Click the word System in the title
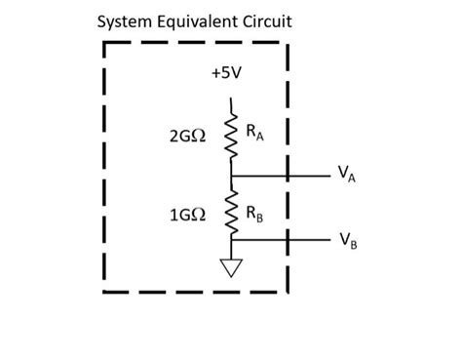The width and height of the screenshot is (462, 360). click(x=126, y=21)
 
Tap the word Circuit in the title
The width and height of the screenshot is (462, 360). click(x=263, y=21)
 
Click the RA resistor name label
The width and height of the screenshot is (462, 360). click(x=254, y=132)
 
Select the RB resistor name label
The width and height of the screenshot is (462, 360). click(x=254, y=213)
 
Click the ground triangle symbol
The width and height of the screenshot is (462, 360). click(x=232, y=267)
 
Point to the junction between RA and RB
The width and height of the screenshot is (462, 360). click(x=232, y=176)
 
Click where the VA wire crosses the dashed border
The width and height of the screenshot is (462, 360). click(x=288, y=176)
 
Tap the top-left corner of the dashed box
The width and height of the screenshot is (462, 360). click(x=104, y=44)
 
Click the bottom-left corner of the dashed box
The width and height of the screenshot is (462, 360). click(x=104, y=290)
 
